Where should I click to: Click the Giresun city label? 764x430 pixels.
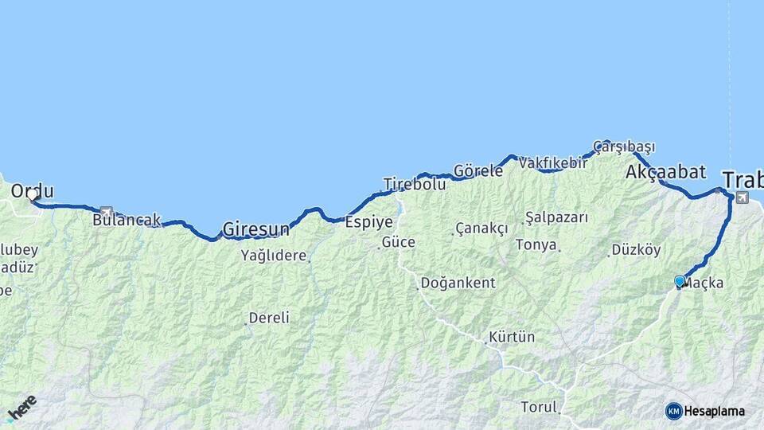256,230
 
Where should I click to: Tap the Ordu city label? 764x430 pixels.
33,191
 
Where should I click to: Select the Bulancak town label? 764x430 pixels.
127,220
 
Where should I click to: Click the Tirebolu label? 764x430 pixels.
414,184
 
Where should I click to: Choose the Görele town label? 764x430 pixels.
478,170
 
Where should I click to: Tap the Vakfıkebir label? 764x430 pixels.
553,163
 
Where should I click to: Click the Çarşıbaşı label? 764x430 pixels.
625,147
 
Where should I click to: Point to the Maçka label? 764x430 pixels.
704,282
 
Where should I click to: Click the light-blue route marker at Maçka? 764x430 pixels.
679,281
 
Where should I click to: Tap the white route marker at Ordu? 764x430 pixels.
33,194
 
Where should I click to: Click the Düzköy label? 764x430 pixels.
636,250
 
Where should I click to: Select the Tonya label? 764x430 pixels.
536,245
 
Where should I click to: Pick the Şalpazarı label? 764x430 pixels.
556,217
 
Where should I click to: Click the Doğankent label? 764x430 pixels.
458,283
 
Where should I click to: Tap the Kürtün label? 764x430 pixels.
513,337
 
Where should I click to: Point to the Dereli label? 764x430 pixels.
269,318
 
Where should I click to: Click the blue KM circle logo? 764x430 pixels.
673,411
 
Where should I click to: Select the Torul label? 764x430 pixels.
539,407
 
